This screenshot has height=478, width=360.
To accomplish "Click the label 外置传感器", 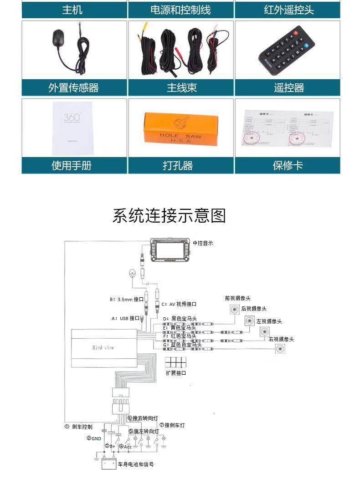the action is click(74, 87).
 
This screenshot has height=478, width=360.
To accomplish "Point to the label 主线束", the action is click(181, 87).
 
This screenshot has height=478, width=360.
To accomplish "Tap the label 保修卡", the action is click(288, 165).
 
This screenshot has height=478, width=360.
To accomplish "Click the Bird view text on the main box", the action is click(103, 347).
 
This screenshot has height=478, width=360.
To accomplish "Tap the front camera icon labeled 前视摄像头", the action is click(234, 310).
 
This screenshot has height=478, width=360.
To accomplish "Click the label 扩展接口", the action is click(176, 372).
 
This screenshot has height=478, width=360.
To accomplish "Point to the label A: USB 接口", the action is click(125, 318).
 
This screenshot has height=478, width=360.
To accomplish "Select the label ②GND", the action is click(93, 438).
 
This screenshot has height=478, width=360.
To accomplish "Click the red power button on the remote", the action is click(297, 33).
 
